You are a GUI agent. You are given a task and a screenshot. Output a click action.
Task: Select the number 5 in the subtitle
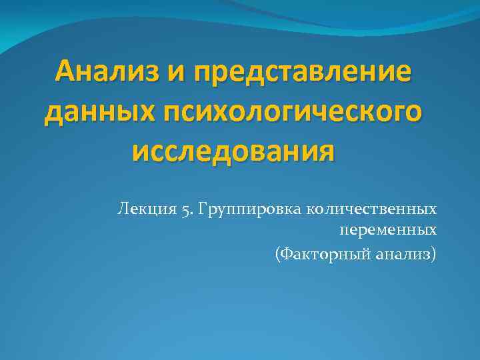[183, 210]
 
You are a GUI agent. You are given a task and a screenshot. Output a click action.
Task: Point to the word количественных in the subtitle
[372, 209]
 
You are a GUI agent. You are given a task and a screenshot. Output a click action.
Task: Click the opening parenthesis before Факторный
[277, 253]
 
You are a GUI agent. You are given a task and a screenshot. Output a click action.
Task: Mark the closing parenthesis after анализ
[435, 253]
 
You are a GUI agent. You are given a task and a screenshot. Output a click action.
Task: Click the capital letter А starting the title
[65, 71]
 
